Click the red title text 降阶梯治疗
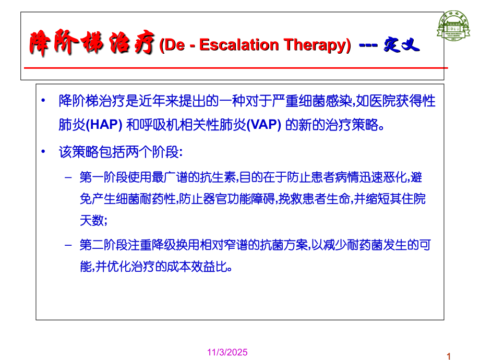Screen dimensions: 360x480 [91, 44]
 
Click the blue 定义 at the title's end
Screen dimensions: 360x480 [401, 45]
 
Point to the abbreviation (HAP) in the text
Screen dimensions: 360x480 [104, 126]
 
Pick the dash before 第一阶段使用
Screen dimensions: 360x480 [68, 177]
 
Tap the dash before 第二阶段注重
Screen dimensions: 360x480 [68, 244]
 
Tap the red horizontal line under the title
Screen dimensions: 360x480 [235, 68]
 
